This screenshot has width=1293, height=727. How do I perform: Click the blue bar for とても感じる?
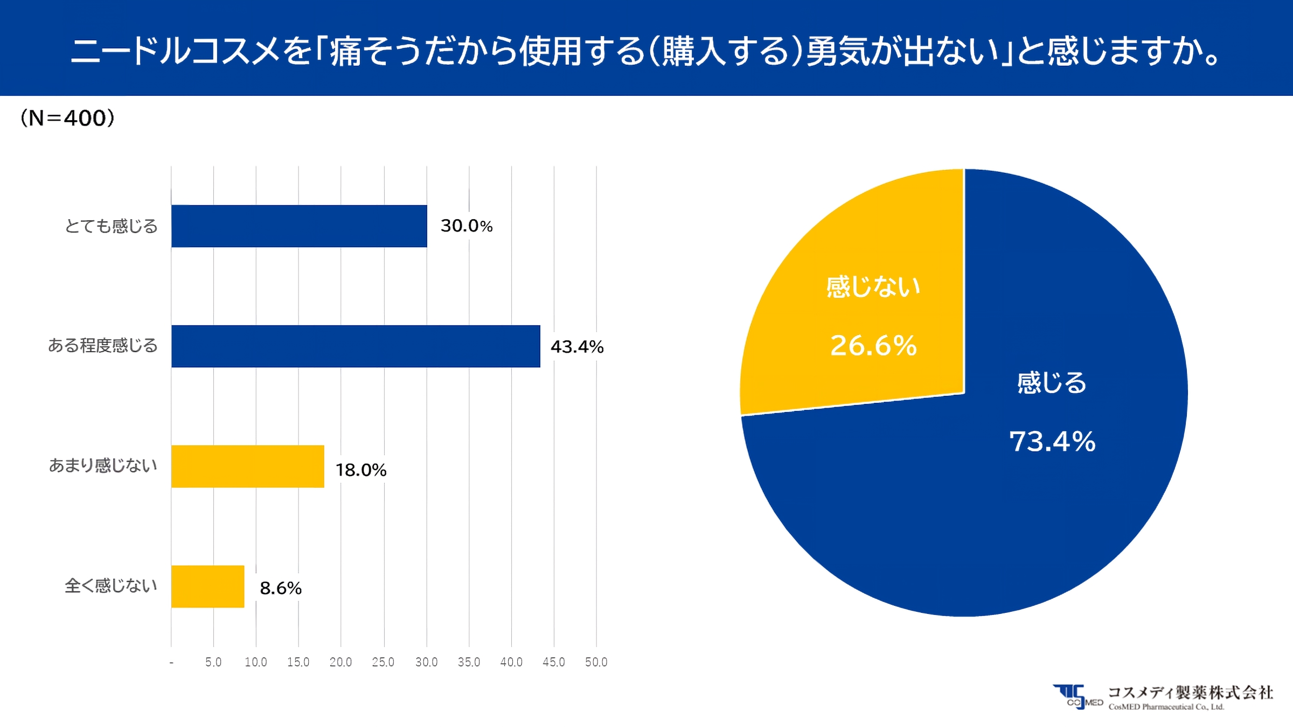tap(299, 226)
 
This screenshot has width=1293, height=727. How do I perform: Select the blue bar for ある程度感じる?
tap(356, 346)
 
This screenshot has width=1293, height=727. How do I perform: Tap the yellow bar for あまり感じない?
tap(248, 466)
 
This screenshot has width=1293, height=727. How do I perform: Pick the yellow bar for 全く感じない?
tap(208, 586)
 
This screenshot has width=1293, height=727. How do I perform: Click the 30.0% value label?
tap(467, 226)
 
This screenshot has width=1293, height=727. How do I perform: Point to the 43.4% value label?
tap(577, 347)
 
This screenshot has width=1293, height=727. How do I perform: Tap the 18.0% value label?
tap(361, 470)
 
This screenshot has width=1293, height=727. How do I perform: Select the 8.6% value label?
tap(281, 588)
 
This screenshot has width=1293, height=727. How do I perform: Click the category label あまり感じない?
tap(103, 465)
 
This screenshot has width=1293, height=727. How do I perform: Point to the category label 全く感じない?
tap(111, 585)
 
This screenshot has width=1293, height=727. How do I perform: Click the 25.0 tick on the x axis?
tap(383, 662)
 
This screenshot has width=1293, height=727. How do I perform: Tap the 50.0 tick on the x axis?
tap(596, 662)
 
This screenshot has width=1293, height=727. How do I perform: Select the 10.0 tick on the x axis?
tap(256, 662)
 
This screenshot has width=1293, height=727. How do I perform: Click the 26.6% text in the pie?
tap(873, 346)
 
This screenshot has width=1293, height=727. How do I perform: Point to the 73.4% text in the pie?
tap(1052, 442)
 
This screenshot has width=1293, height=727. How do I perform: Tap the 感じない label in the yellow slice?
tap(873, 286)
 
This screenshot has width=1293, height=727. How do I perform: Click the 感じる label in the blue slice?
tap(1052, 383)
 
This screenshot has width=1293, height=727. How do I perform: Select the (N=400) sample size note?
tap(67, 118)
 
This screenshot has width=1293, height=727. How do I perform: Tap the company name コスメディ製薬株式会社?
tap(1190, 693)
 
